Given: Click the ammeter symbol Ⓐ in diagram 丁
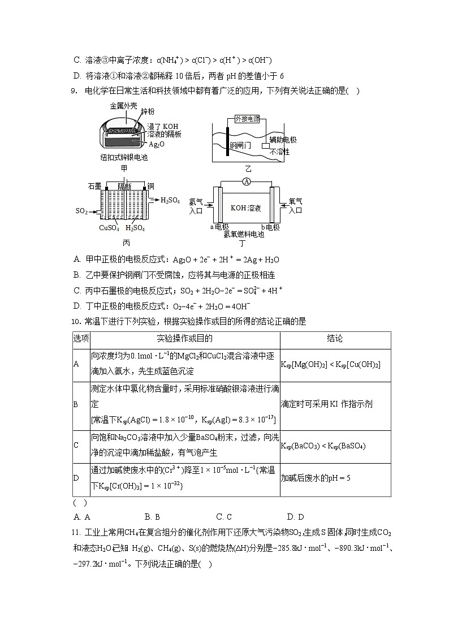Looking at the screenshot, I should [x=245, y=181].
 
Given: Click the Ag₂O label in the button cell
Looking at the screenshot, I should [x=157, y=144].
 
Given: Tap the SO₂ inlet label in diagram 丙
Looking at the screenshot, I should [x=81, y=211].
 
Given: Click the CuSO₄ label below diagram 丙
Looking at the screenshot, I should [x=109, y=228].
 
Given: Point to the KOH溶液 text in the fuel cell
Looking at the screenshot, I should [x=245, y=208].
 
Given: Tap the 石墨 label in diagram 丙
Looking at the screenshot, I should [x=94, y=186].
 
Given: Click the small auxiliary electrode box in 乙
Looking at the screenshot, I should [x=265, y=146].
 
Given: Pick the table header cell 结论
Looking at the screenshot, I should [x=335, y=339].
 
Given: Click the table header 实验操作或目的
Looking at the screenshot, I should [x=184, y=339].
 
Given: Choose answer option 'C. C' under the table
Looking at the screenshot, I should [x=224, y=516].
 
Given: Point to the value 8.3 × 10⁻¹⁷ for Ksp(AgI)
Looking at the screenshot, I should [x=253, y=419].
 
